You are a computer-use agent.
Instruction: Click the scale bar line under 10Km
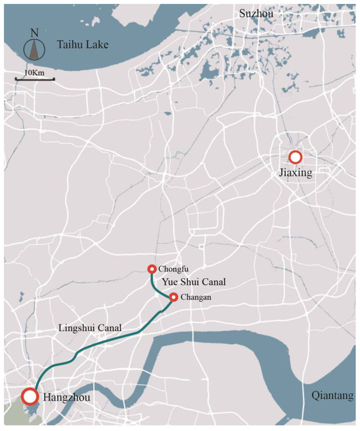[x=35, y=79]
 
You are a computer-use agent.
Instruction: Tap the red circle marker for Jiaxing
[x=295, y=157]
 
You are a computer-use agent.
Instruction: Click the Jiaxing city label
[x=295, y=174]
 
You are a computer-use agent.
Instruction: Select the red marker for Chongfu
[x=152, y=269]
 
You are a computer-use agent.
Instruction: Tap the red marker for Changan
[x=173, y=298]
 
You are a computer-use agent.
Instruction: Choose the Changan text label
[x=198, y=298]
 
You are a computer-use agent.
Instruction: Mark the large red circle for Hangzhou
[x=29, y=396]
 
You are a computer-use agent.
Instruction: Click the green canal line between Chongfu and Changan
[x=156, y=286]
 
